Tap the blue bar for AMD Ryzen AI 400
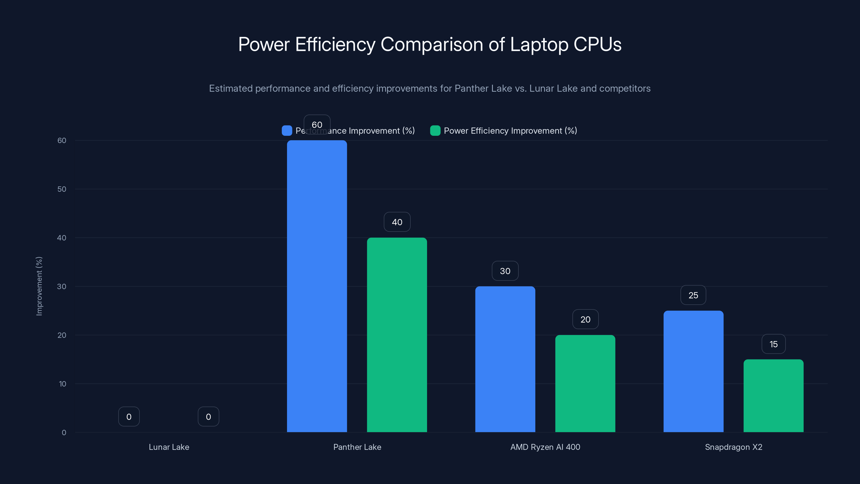pyautogui.click(x=505, y=359)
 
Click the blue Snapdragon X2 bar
pyautogui.click(x=693, y=371)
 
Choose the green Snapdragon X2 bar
pyautogui.click(x=773, y=396)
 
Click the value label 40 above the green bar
pyautogui.click(x=397, y=222)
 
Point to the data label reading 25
pyautogui.click(x=693, y=295)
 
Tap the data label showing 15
pyautogui.click(x=773, y=344)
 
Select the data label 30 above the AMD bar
pyautogui.click(x=505, y=271)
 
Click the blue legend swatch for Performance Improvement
pyautogui.click(x=287, y=131)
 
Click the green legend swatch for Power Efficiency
pyautogui.click(x=435, y=131)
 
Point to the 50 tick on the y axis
pyautogui.click(x=62, y=189)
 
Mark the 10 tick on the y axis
pyautogui.click(x=62, y=384)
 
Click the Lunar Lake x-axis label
pyautogui.click(x=169, y=447)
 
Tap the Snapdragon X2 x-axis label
pyautogui.click(x=733, y=447)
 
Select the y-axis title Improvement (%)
pyautogui.click(x=39, y=286)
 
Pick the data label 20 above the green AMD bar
pyautogui.click(x=585, y=320)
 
